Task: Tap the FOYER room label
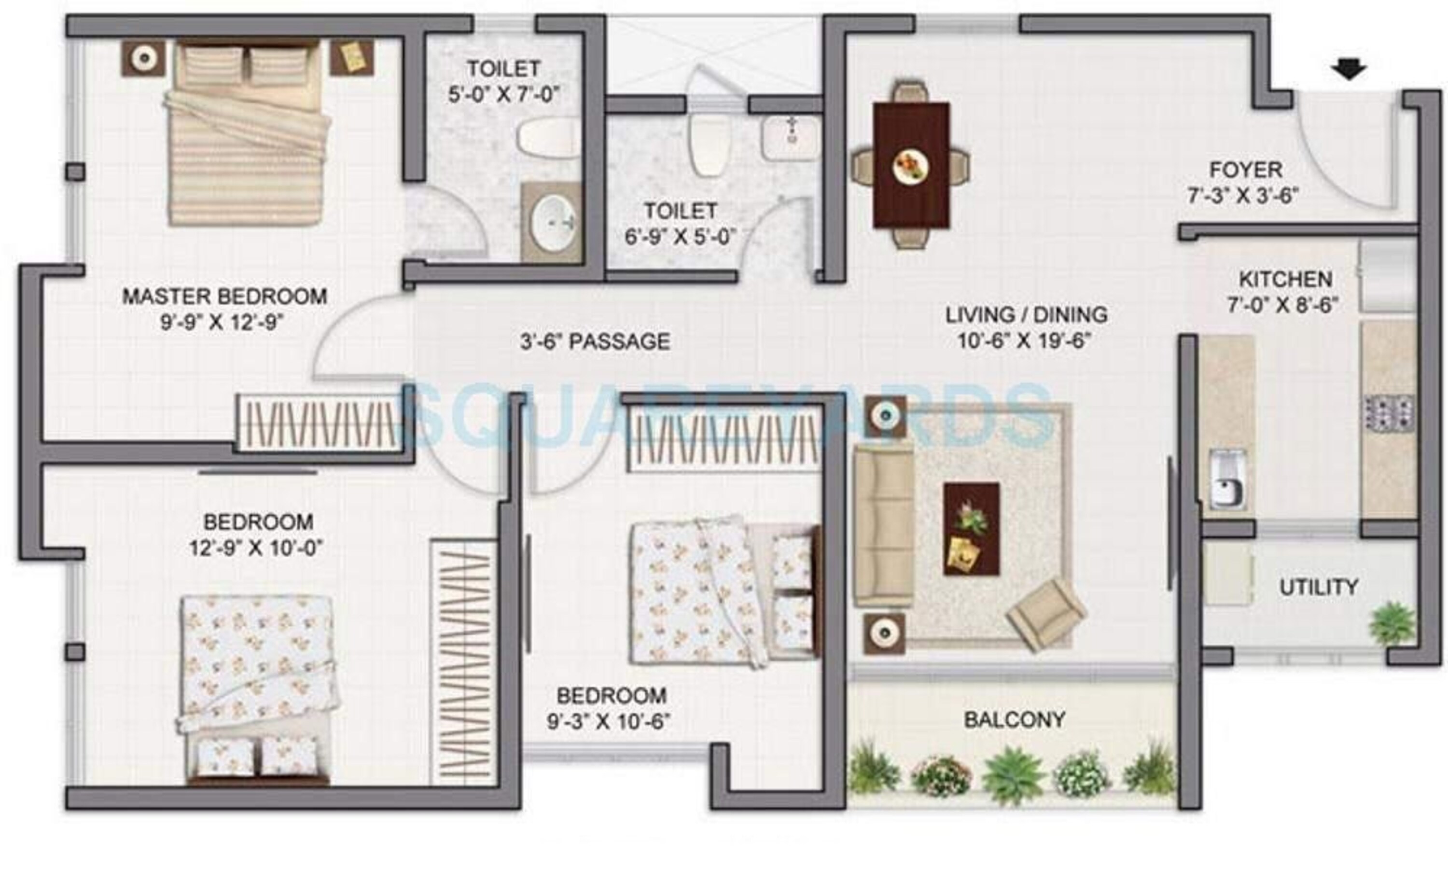[x=1245, y=170]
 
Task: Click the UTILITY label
[x=1319, y=587]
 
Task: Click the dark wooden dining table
[x=911, y=166]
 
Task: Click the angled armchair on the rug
[x=1046, y=614]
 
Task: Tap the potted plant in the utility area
[x=1392, y=624]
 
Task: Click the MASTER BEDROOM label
[x=224, y=296]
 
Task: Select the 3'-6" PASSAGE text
[x=595, y=341]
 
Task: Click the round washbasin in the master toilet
[x=553, y=223]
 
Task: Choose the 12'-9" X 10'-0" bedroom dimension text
[x=256, y=548]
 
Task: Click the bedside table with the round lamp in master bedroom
[x=143, y=58]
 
